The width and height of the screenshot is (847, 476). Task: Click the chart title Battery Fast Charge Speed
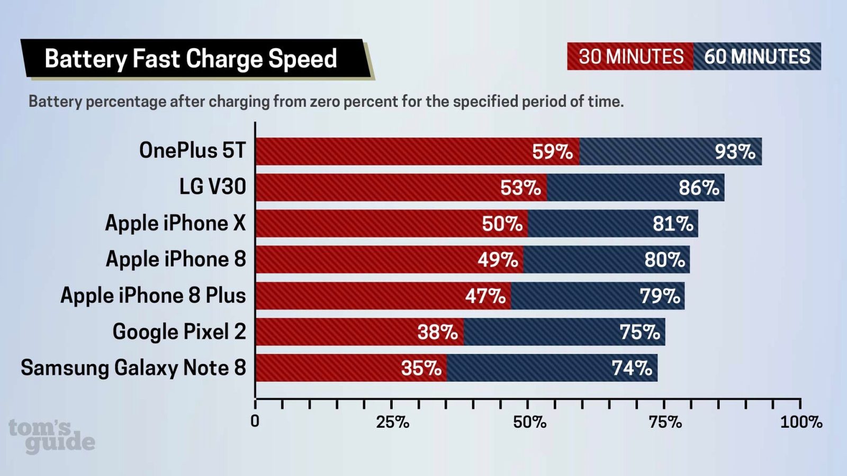tap(191, 58)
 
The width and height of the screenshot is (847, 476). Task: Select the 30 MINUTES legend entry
tap(630, 57)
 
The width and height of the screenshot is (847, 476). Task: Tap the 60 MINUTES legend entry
tap(757, 57)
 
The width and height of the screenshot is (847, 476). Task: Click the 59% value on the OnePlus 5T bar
tap(552, 152)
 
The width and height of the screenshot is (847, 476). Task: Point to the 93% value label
tap(735, 152)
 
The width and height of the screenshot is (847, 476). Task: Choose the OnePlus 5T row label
tap(192, 151)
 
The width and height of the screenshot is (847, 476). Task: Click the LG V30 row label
tap(212, 187)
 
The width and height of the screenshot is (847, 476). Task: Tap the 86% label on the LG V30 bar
tap(699, 188)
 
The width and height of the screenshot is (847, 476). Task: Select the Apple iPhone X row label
tap(175, 223)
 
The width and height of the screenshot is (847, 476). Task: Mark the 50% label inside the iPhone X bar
tap(502, 224)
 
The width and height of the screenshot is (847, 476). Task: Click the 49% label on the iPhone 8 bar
tap(498, 260)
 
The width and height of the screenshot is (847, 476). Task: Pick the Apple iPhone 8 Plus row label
tap(153, 296)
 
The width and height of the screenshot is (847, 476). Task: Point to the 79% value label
tap(660, 296)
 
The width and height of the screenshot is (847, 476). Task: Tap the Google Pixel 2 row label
tap(179, 332)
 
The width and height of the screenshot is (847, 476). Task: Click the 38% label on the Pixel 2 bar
tap(437, 332)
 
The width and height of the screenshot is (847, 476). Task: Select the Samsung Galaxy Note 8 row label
tap(133, 368)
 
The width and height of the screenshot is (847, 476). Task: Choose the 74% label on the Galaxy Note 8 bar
tap(632, 368)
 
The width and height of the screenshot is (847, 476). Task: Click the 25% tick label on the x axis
tap(392, 422)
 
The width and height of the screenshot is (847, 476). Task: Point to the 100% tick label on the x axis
tap(801, 422)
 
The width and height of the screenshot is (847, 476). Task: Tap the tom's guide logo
tap(51, 436)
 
